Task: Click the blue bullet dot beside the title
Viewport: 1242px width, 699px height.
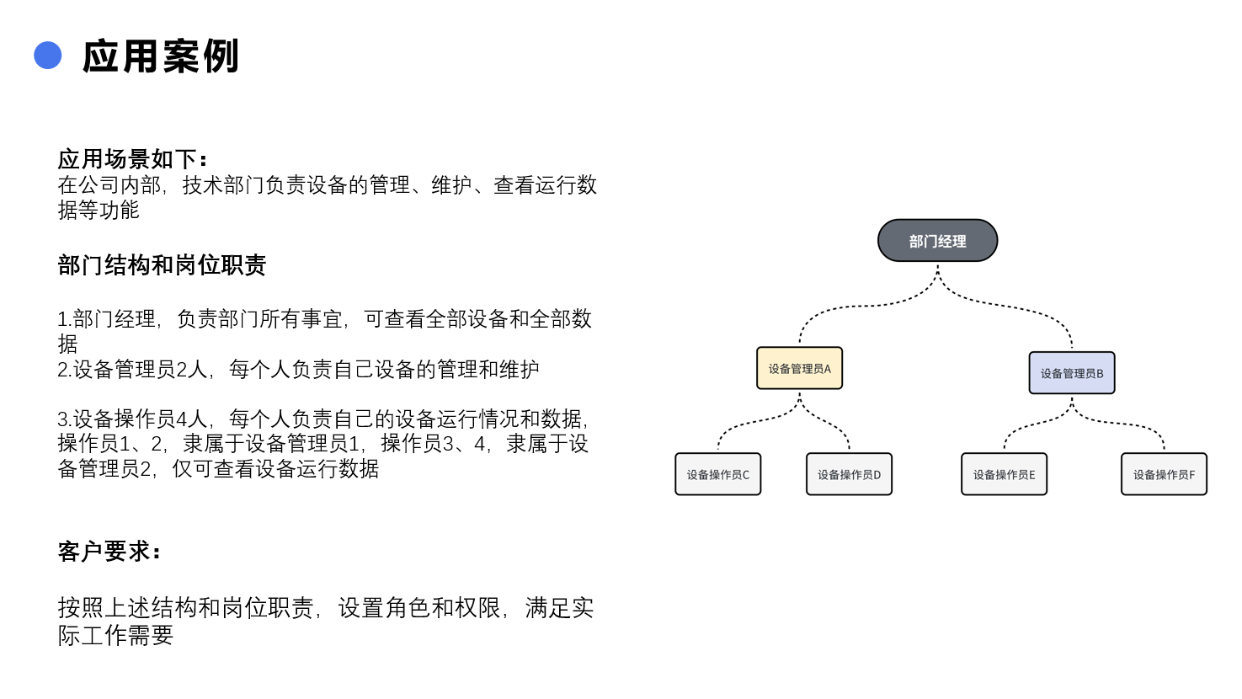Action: [48, 56]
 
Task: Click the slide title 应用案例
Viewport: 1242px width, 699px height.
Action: [161, 56]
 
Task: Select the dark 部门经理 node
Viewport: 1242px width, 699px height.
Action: [937, 241]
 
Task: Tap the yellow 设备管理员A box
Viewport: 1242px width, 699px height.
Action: [800, 368]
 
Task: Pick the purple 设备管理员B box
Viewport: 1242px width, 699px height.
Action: [1072, 373]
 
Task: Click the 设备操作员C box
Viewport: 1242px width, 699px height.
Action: [718, 474]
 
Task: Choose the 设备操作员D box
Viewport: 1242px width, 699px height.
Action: [849, 474]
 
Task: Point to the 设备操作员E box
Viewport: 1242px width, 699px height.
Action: [1005, 474]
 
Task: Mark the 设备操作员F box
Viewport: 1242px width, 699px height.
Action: [1164, 474]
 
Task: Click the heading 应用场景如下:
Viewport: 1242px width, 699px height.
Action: [132, 159]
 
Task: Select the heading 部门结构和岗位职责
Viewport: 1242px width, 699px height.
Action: [162, 265]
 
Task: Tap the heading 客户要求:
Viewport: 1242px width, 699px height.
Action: [109, 552]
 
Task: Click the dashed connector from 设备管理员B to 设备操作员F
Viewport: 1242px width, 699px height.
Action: [1119, 423]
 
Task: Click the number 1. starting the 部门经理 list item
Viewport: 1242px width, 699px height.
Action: [65, 319]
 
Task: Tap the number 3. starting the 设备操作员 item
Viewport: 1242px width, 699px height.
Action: [65, 419]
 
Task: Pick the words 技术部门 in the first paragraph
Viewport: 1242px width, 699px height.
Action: [223, 185]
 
